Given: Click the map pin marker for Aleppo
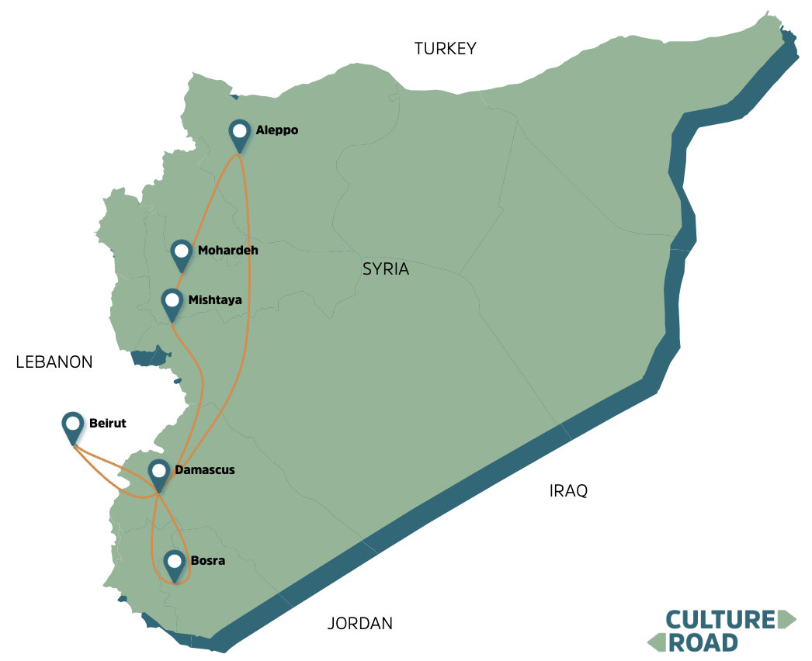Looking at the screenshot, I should tap(241, 133).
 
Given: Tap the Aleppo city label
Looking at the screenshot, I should tap(276, 130).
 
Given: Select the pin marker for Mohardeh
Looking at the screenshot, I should tap(182, 253).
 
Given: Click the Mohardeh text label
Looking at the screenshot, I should tap(227, 251).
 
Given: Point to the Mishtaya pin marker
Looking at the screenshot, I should tap(172, 302).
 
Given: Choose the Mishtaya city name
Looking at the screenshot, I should tap(215, 299).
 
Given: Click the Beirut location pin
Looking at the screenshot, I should tap(73, 426).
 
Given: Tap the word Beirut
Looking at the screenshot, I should tap(107, 424).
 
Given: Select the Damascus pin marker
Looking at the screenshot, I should tap(159, 472).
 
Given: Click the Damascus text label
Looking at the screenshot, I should tap(204, 470).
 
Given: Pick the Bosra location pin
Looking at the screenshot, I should tap(175, 563).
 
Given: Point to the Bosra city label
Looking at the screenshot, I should tap(207, 560).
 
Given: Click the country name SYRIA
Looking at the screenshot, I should tap(385, 269).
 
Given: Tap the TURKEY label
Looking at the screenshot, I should tap(445, 49).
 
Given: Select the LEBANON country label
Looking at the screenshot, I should tap(54, 362).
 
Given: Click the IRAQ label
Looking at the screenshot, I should tap(568, 491).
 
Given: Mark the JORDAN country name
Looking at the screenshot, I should tap(359, 623).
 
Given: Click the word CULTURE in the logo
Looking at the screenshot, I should tap(720, 619).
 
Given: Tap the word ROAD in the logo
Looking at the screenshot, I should tap(703, 642).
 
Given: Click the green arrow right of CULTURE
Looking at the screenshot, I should tap(786, 619).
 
